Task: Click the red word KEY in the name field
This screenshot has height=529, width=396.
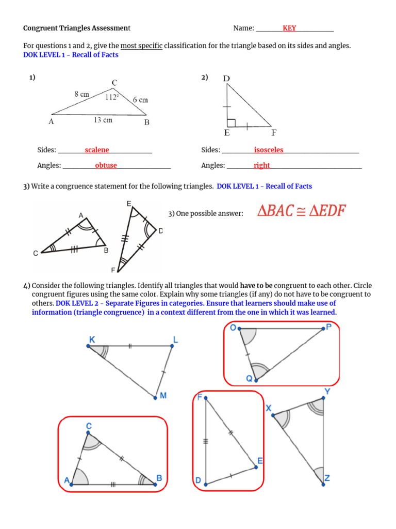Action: point(289,28)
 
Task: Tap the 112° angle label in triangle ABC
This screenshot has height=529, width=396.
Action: point(112,97)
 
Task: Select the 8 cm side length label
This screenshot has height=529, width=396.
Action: point(81,94)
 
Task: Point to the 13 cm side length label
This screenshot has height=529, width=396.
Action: point(103,120)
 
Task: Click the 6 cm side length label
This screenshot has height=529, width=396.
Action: point(140,100)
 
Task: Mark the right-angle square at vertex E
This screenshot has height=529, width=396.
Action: point(231,122)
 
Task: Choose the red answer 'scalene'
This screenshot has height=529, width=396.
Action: point(97,150)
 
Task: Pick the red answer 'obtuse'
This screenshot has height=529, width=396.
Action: point(106,165)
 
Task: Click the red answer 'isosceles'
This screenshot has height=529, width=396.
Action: point(269,150)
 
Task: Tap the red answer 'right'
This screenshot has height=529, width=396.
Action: point(261,165)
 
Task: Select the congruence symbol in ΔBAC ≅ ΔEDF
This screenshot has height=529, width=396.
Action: point(301,211)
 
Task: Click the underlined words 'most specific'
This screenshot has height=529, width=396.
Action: point(141,46)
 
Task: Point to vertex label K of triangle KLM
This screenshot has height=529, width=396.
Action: point(91,338)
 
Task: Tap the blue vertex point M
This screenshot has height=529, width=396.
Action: point(155,398)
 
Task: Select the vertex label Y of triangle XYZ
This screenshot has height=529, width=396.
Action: point(327,392)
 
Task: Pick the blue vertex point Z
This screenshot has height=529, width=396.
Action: point(323,483)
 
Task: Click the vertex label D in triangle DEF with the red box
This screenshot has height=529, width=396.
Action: point(198,481)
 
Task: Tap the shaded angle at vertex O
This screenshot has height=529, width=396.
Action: point(246,335)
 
